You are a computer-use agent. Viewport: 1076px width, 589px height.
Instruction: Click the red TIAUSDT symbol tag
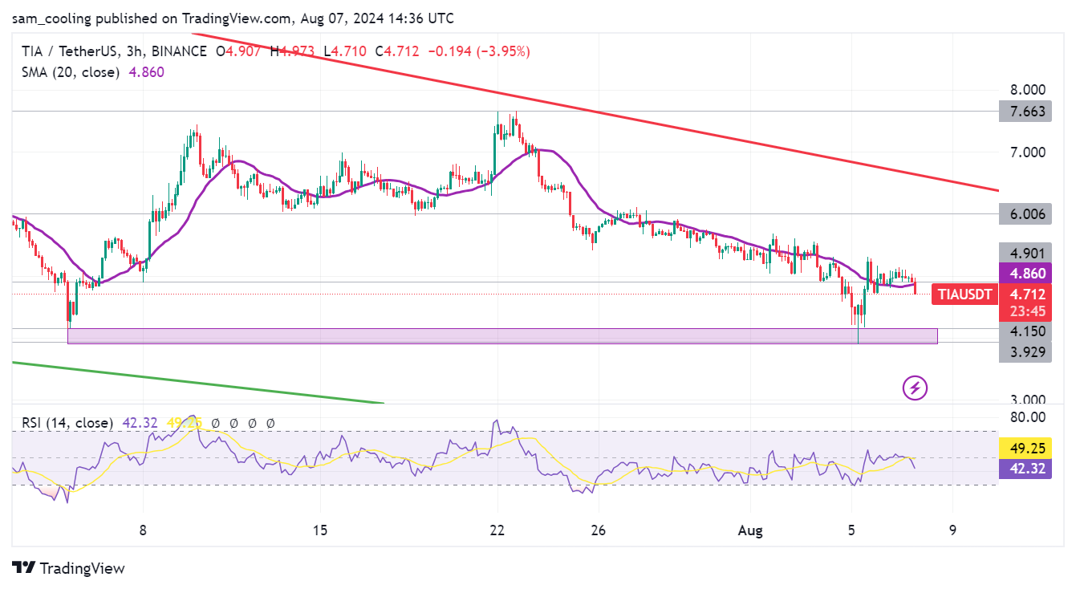(964, 294)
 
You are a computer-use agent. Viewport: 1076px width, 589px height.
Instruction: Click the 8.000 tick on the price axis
(1026, 90)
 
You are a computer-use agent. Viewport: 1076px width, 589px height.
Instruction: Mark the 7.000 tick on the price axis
(1026, 152)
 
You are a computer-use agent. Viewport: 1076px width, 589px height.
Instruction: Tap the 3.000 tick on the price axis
(1026, 400)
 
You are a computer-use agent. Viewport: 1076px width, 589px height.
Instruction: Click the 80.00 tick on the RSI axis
(1026, 416)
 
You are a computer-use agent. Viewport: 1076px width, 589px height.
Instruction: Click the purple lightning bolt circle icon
(916, 388)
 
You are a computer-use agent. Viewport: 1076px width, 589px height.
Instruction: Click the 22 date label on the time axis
(497, 530)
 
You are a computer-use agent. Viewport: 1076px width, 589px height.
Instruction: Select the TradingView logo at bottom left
(69, 568)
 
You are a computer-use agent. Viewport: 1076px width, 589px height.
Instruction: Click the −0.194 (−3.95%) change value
(478, 51)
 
